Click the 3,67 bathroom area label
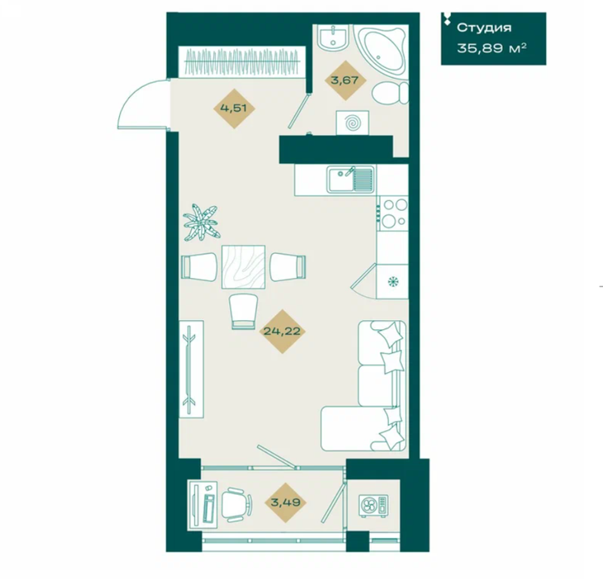pyautogui.click(x=345, y=80)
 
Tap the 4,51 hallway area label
pyautogui.click(x=233, y=108)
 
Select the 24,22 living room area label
pyautogui.click(x=282, y=331)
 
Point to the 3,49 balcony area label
pyautogui.click(x=285, y=502)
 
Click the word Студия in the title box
pyautogui.click(x=484, y=27)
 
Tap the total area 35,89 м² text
pyautogui.click(x=491, y=49)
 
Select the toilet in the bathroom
pyautogui.click(x=390, y=93)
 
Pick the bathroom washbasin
pyautogui.click(x=333, y=37)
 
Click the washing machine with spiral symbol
pyautogui.click(x=352, y=123)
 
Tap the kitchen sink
pyautogui.click(x=351, y=179)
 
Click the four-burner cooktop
pyautogui.click(x=394, y=213)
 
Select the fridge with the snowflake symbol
pyautogui.click(x=392, y=281)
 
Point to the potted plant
pyautogui.click(x=201, y=223)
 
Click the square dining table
pyautogui.click(x=243, y=267)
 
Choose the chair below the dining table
pyautogui.click(x=243, y=311)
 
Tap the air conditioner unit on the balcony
pyautogui.click(x=373, y=506)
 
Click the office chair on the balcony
pyautogui.click(x=236, y=505)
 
